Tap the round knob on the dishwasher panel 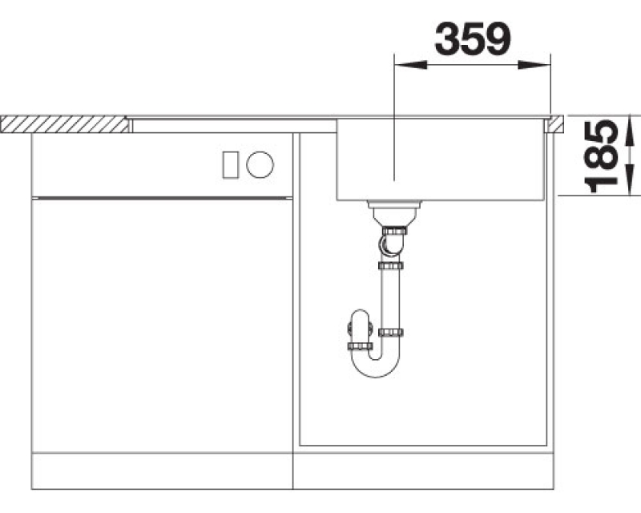tap(260, 164)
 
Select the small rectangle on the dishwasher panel tap(231, 165)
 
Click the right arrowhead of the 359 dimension tap(534, 65)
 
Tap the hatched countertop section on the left tap(65, 124)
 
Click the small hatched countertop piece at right tap(557, 124)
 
